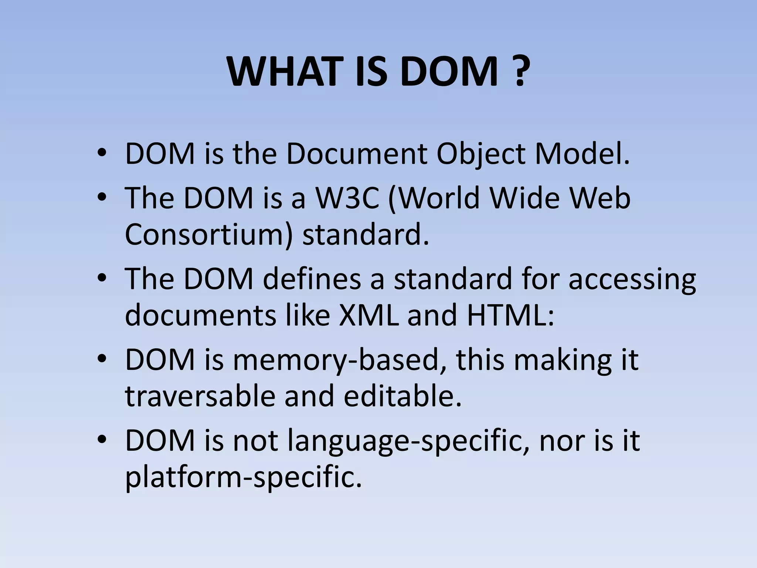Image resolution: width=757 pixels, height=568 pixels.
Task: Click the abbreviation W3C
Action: pos(347,199)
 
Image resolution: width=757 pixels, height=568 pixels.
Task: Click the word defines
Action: pos(312,279)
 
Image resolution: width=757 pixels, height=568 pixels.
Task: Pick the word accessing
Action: pos(632,279)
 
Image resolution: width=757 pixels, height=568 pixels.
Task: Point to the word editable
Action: pos(403,396)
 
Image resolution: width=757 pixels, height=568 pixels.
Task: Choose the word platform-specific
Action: pos(243,477)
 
